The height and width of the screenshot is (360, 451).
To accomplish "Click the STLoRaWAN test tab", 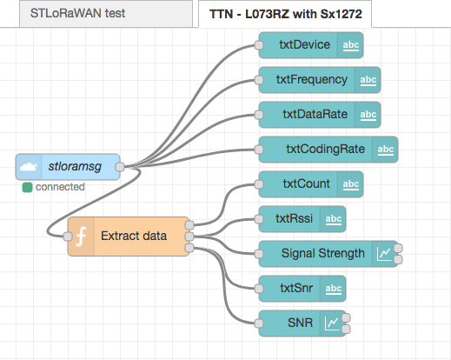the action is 106,13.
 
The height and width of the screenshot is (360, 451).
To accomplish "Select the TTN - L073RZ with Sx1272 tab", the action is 285,14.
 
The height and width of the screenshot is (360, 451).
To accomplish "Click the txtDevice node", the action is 311,45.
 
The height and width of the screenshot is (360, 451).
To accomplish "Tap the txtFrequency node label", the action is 312,79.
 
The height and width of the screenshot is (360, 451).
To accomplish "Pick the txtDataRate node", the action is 320,115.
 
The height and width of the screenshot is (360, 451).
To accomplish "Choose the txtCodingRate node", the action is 328,150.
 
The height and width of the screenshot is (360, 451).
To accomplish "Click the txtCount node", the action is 311,184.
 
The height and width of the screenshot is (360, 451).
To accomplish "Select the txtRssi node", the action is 302,219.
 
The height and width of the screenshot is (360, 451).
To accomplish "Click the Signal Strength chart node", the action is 328,254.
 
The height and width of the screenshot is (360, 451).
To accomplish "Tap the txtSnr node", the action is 302,289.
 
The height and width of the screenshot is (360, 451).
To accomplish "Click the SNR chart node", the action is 302,323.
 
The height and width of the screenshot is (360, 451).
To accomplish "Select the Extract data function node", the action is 129,237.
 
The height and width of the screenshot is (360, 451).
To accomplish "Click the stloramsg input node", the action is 68,167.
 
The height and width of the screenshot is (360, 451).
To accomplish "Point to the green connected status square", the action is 27,187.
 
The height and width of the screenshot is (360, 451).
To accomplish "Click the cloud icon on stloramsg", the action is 29,167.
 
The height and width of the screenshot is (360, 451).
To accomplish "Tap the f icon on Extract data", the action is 81,237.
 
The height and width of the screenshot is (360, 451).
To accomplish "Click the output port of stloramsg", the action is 120,167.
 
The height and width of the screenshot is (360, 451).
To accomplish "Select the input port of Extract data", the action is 68,237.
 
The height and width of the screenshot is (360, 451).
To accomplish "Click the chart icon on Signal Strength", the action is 384,254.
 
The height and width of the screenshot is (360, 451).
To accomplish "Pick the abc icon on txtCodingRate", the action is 386,150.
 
